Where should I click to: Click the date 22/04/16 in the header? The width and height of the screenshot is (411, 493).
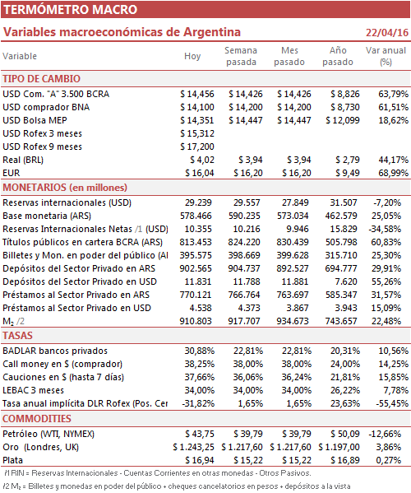[387, 33]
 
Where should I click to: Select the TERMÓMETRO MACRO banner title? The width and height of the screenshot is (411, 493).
[71, 9]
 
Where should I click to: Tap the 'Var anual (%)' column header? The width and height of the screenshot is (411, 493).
[386, 56]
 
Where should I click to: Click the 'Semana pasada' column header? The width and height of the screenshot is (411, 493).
[241, 56]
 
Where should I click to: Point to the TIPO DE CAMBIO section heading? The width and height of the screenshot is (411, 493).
[41, 79]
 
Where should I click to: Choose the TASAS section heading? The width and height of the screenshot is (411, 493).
[17, 336]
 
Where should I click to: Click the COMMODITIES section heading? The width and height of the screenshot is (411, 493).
[37, 419]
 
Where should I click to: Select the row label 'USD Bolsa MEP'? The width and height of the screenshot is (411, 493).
[35, 120]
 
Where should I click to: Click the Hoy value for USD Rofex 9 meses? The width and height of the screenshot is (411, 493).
[197, 147]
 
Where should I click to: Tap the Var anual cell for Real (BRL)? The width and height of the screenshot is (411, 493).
[394, 160]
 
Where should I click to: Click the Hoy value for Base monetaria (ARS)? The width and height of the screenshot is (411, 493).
[196, 216]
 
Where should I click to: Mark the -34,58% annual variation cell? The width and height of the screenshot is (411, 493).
[385, 229]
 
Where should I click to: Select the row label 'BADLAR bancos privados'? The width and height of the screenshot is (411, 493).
[55, 351]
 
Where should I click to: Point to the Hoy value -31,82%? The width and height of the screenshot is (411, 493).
[198, 404]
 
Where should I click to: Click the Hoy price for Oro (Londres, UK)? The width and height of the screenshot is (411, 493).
[193, 448]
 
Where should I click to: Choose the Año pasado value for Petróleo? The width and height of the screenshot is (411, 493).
[345, 435]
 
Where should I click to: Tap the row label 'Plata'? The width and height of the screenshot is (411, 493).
[13, 461]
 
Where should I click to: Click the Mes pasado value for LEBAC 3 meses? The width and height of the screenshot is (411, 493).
[297, 390]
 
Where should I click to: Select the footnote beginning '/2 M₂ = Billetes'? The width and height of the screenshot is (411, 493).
[177, 486]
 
